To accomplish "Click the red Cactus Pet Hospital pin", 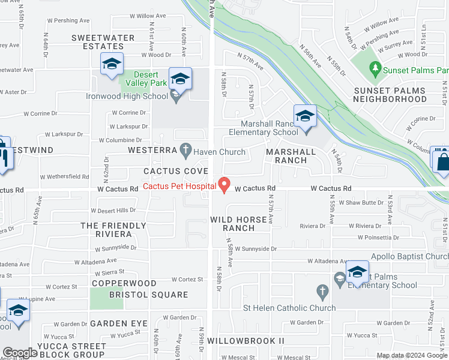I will coord(224,184).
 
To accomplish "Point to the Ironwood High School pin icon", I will coord(176,95).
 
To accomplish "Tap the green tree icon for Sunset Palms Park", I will coord(376,70).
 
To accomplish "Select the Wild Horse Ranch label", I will coord(238,224).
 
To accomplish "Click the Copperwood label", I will coord(124,283).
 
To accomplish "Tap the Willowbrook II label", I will coord(255,341).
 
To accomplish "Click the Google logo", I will coord(20,353).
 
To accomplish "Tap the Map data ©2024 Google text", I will coord(412,356).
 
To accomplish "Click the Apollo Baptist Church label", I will coord(409,257).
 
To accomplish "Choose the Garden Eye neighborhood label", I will coord(118,323).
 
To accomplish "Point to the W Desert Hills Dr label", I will coord(113,211).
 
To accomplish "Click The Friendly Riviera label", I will coord(113,230).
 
